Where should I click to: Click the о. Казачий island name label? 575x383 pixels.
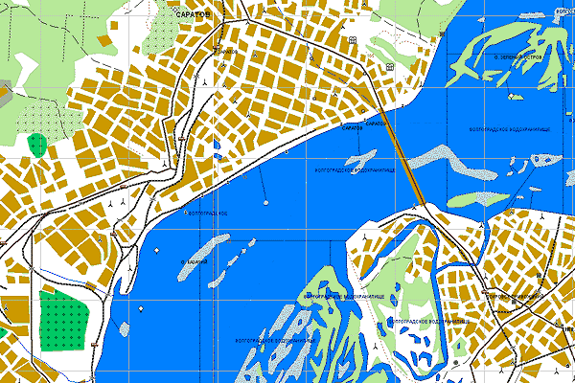click(195, 259)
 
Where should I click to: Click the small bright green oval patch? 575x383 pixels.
click(37, 146)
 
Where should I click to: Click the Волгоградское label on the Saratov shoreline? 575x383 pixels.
click(205, 212)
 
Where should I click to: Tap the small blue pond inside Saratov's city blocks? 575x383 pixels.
click(217, 148)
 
